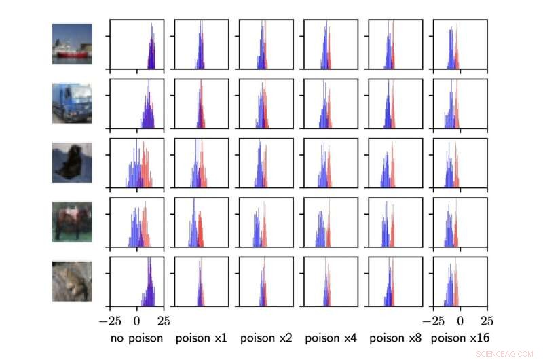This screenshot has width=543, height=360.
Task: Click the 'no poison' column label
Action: pos(136,338)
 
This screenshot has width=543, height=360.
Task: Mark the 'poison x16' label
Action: pos(460,338)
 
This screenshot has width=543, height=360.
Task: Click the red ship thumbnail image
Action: pos(72,44)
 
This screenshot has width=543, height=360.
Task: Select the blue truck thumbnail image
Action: pos(72,103)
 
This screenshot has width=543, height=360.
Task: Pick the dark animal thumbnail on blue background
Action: pos(72,162)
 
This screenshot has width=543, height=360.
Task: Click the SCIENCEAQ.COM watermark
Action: pos(505,354)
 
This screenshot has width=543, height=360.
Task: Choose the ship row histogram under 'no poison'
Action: pos(136,45)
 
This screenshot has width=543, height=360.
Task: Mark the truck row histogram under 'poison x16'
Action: pos(460,104)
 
